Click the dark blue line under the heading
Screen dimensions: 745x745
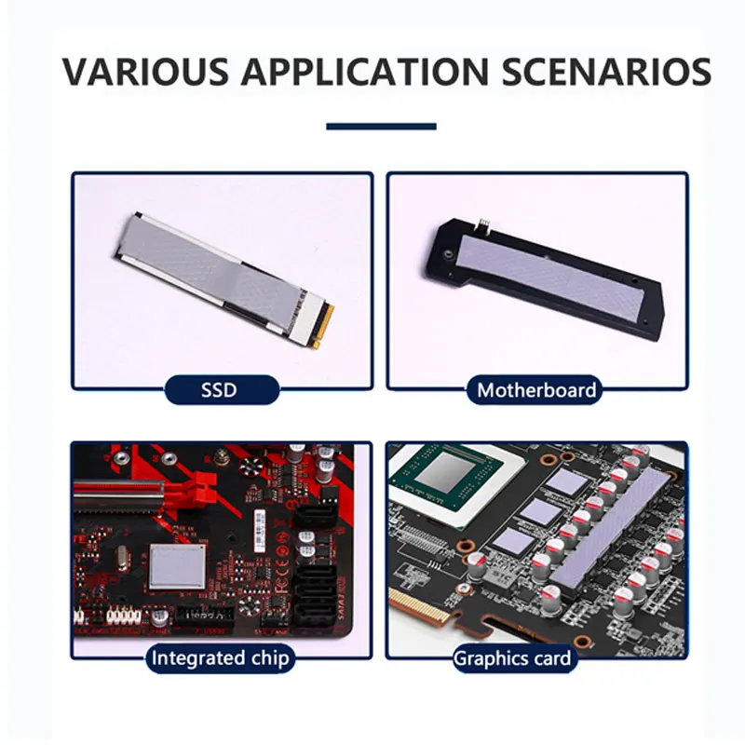click(381, 126)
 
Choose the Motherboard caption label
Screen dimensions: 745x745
click(536, 389)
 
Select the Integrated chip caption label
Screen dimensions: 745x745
click(221, 658)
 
